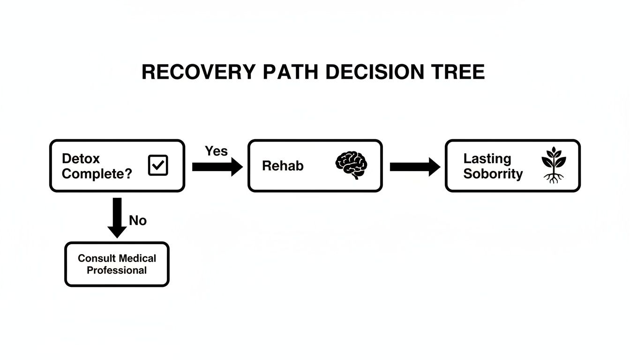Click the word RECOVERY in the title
tap(199, 73)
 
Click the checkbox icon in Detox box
tap(158, 165)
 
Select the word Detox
tap(81, 158)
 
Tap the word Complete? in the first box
tap(97, 174)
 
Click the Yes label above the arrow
tap(216, 151)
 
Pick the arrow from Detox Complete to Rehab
tap(217, 167)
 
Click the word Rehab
tap(283, 165)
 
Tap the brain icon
tap(352, 165)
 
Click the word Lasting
tap(487, 158)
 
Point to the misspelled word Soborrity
tap(493, 174)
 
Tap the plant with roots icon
tap(554, 165)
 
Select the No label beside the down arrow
tap(137, 220)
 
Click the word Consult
tap(96, 258)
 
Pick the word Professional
tap(117, 270)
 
